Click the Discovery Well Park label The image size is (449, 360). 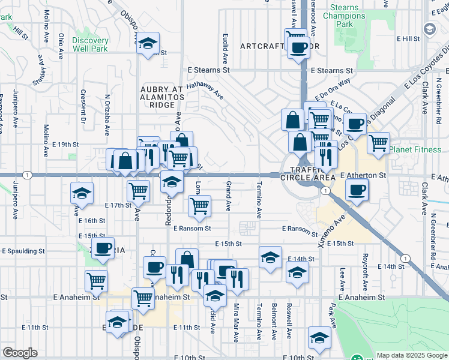(90, 44)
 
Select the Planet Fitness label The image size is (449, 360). (418, 149)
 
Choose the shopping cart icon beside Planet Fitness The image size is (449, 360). (378, 144)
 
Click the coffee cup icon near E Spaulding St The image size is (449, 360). (103, 248)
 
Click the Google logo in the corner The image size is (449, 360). (20, 353)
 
